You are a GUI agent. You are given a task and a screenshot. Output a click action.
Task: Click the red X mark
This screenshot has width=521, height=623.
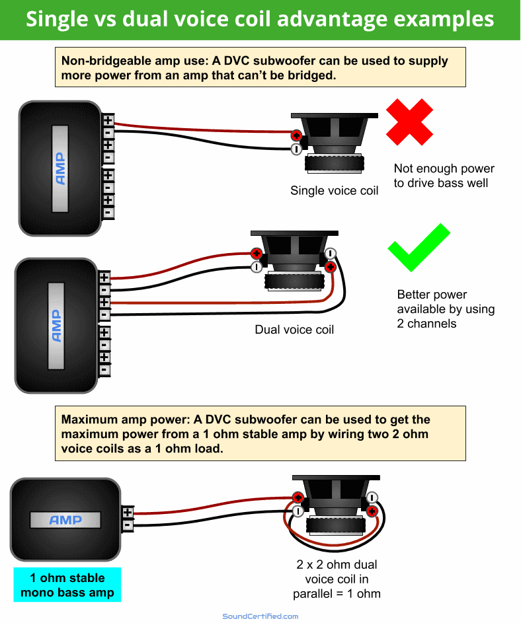tap(410, 122)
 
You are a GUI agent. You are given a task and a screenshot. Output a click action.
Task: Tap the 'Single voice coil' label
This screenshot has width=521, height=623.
tap(335, 191)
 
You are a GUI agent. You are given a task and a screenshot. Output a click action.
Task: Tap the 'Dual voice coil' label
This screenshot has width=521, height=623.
tap(294, 329)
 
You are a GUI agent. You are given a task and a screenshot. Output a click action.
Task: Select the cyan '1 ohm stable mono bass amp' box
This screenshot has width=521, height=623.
tap(67, 585)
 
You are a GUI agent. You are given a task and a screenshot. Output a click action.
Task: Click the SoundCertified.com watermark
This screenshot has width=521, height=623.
tap(260, 616)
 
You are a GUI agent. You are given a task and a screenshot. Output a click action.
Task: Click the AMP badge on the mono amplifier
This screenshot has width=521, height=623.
tap(65, 520)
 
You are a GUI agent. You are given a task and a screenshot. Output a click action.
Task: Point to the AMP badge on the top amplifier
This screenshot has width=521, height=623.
tap(60, 168)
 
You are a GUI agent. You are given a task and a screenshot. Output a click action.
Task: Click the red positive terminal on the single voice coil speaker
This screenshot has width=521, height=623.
tap(297, 135)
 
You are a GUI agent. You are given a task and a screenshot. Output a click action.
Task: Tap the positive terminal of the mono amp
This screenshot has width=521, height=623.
tap(128, 513)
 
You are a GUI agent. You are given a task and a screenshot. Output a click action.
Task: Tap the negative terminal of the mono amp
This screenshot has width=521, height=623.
tap(128, 526)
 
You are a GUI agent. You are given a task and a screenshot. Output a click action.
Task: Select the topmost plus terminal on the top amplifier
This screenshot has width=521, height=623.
tap(108, 120)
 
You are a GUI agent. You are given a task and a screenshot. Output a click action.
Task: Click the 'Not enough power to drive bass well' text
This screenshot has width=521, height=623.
tap(444, 176)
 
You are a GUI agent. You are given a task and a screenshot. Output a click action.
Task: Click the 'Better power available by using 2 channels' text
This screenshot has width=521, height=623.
tap(446, 309)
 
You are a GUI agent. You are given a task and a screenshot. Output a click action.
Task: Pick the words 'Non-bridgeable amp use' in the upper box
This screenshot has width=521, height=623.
tap(132, 61)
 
